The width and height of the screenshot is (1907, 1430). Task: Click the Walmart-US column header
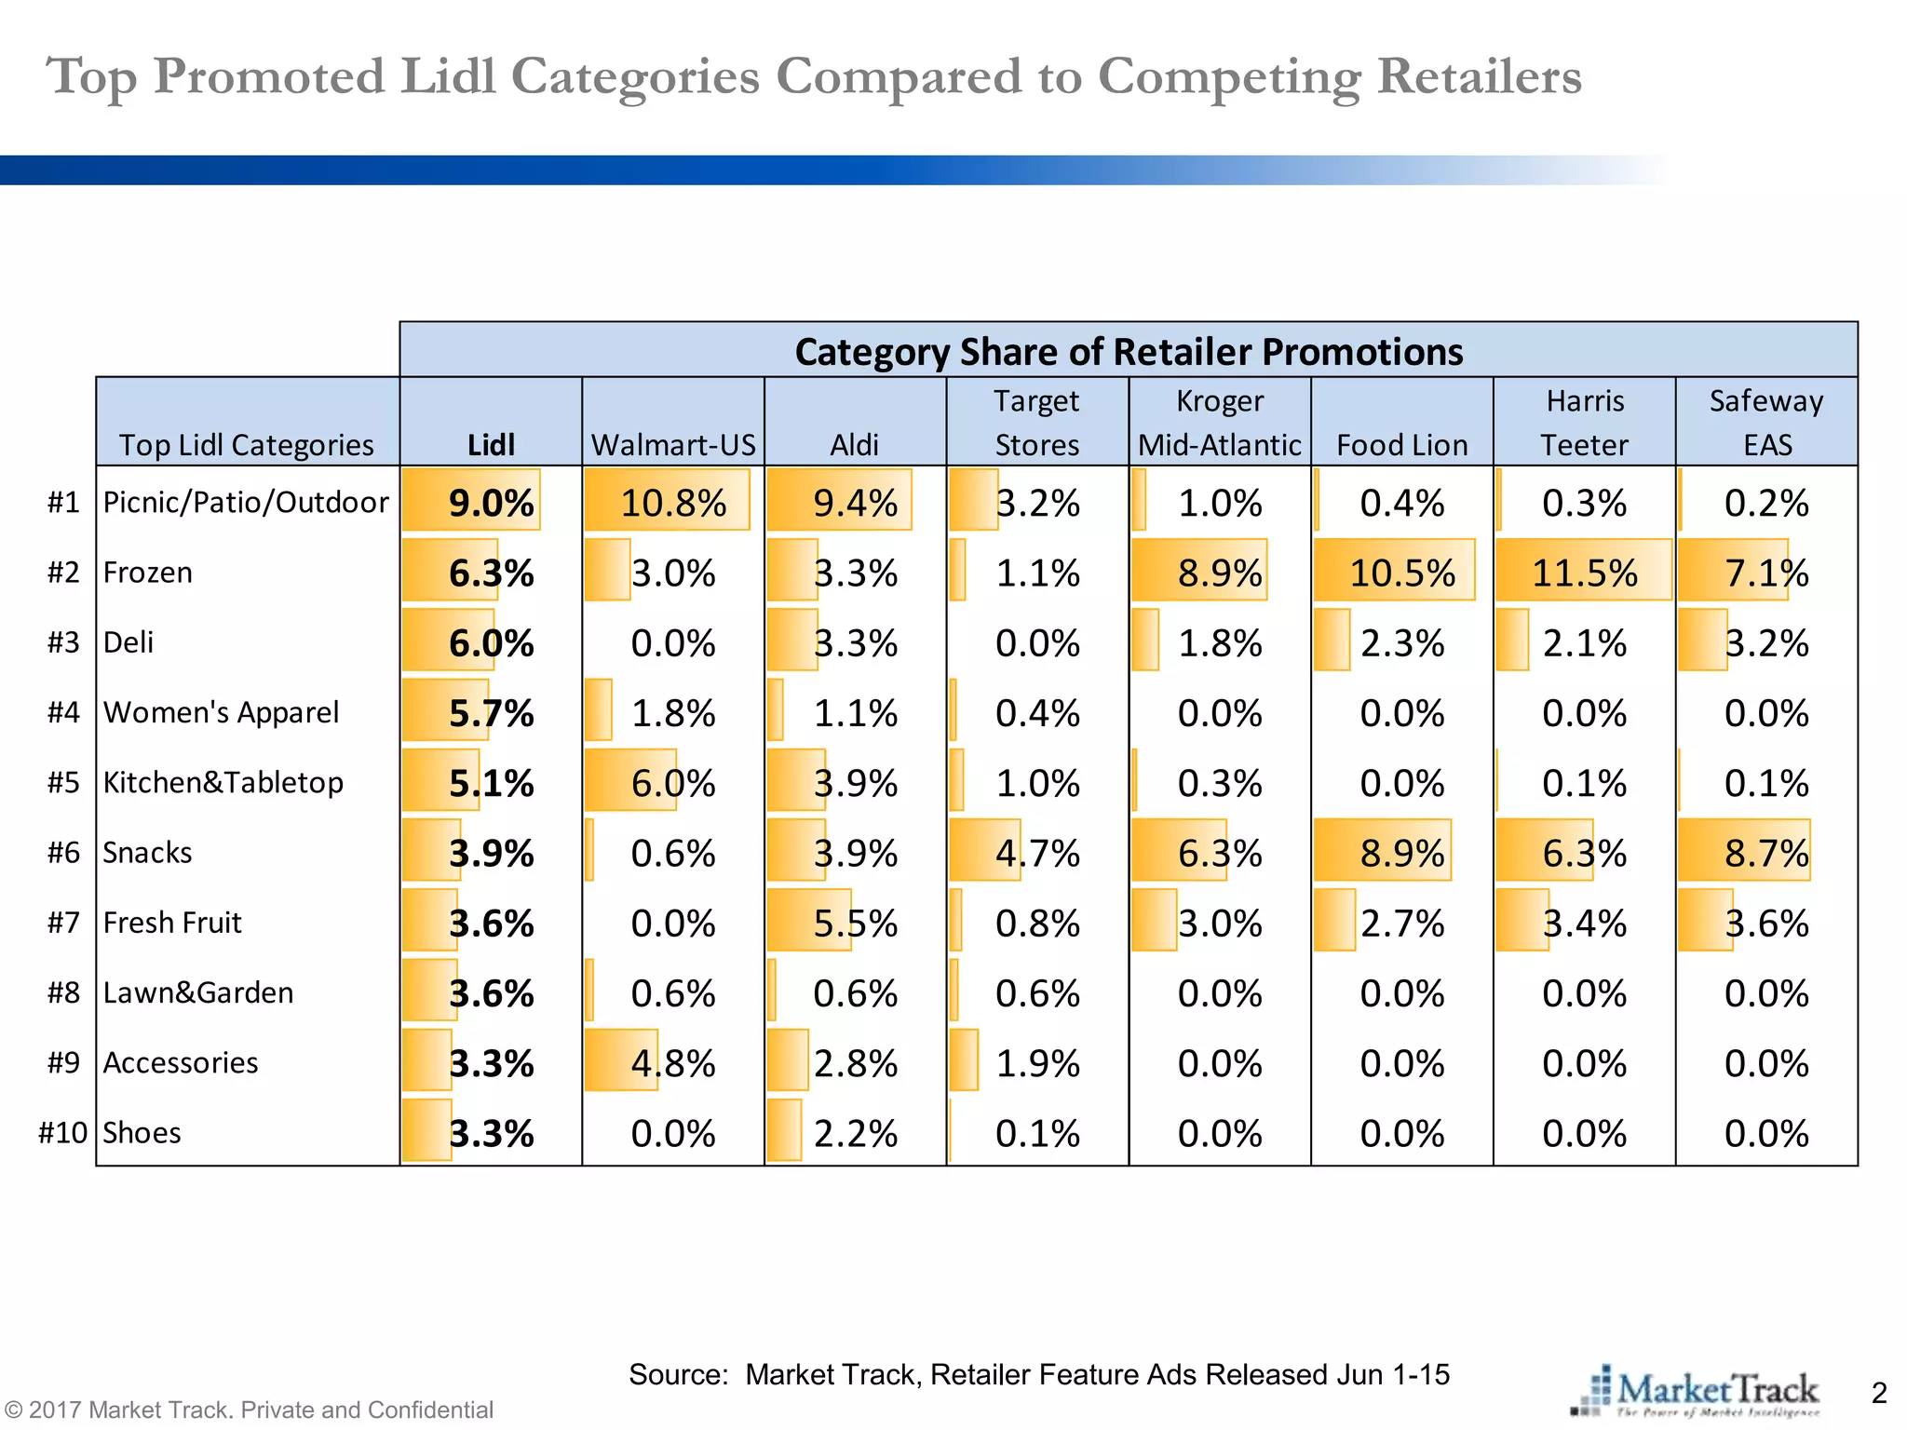pos(673,444)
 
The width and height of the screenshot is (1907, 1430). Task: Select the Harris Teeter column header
pos(1584,423)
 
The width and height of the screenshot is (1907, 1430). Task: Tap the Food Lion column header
pos(1401,444)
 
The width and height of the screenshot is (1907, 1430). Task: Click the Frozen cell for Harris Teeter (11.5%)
pos(1584,573)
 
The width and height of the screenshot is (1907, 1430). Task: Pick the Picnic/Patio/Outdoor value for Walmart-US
pos(673,503)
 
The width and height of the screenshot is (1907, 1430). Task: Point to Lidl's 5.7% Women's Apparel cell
pos(491,713)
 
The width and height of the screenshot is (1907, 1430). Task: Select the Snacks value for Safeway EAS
pos(1765,853)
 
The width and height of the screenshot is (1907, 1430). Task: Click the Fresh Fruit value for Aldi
pos(855,924)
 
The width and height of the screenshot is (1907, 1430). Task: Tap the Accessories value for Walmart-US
pos(673,1063)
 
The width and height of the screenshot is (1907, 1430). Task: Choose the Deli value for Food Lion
pos(1401,643)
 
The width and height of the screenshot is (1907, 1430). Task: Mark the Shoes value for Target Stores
pos(1037,1133)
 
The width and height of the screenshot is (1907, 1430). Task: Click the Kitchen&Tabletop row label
pos(223,782)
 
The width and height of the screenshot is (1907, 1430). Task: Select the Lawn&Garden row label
pos(198,992)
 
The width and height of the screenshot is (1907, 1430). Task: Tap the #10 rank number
pos(62,1133)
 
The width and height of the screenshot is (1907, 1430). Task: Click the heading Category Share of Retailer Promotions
pos(1129,352)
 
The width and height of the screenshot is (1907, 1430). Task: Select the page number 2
pos(1878,1393)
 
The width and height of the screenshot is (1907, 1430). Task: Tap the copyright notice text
pos(248,1410)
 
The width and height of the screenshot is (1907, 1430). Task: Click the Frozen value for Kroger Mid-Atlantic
pos(1219,573)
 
